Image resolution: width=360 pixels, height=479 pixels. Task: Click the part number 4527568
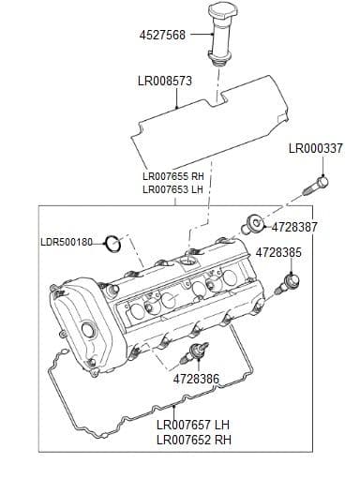(162, 35)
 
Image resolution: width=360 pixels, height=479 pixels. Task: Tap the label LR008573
(165, 81)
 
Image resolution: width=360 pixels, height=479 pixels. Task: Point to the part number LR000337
(316, 148)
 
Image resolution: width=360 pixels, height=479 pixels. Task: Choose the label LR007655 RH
(173, 176)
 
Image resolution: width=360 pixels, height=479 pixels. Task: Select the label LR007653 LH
(172, 189)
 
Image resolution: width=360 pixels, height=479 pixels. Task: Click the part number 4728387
(294, 227)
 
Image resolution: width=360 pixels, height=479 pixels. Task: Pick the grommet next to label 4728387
(253, 224)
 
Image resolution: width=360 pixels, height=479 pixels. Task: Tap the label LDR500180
(67, 242)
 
